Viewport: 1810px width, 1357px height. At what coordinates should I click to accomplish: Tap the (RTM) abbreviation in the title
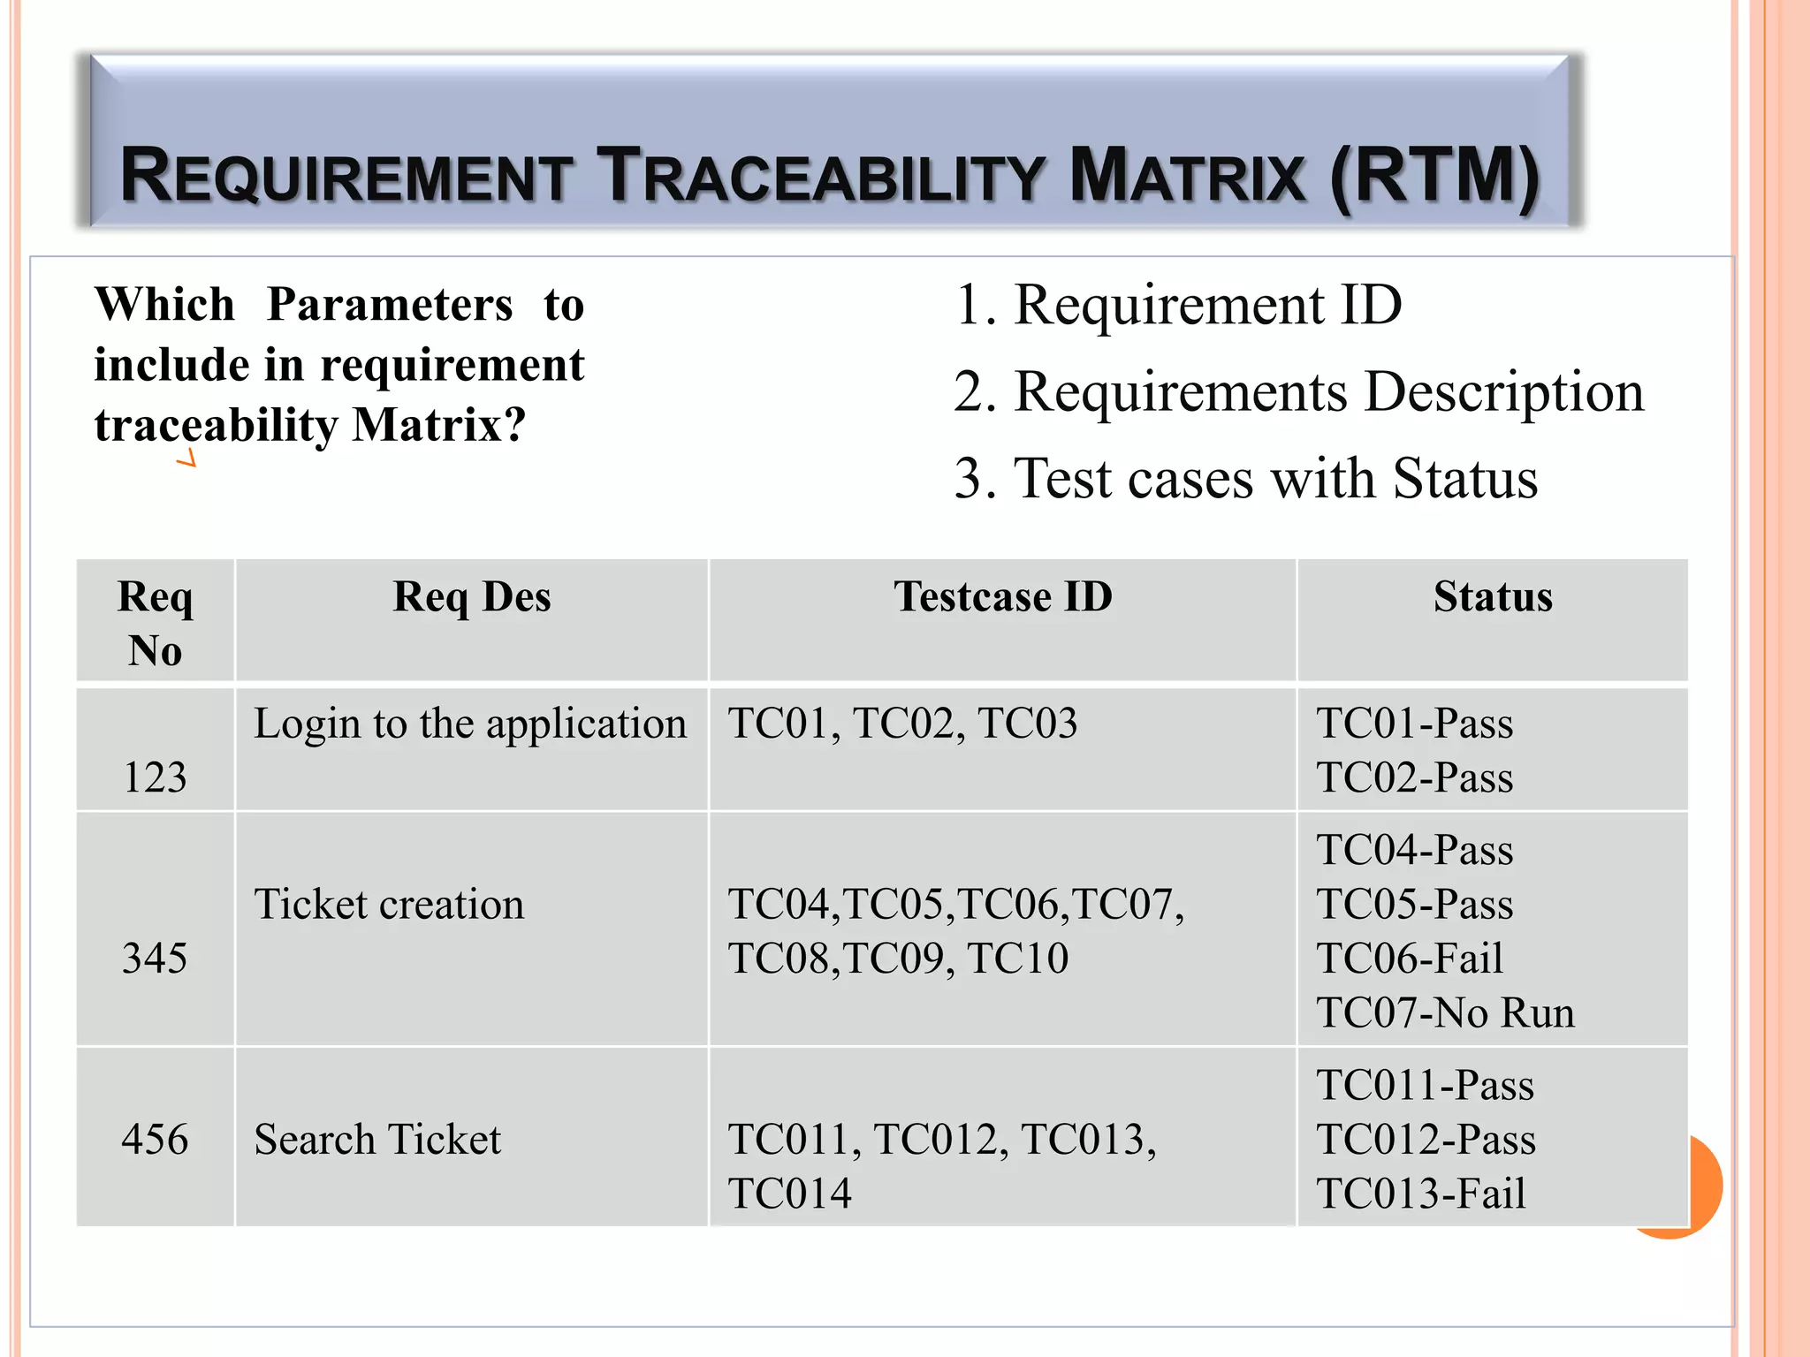click(x=1434, y=177)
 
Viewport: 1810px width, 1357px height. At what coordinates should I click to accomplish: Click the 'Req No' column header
click(x=155, y=623)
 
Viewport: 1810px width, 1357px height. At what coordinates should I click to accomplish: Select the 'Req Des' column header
click(x=472, y=597)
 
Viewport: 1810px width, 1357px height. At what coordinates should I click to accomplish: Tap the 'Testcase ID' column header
click(x=1002, y=597)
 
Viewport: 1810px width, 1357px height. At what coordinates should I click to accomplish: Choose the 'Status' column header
click(x=1492, y=597)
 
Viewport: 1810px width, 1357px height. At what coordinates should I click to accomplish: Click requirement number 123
click(x=155, y=777)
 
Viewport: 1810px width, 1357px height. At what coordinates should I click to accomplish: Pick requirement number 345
click(x=155, y=958)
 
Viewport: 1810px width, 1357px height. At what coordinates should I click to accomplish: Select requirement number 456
click(x=155, y=1139)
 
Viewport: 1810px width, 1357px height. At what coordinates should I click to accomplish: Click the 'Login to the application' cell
click(x=470, y=724)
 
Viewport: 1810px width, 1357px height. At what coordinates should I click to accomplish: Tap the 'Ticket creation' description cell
click(x=389, y=904)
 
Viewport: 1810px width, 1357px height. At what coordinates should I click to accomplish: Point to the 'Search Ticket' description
click(x=377, y=1139)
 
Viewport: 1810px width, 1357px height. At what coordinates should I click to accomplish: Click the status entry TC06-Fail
click(x=1410, y=958)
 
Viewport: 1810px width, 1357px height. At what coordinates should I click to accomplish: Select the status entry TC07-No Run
click(x=1445, y=1012)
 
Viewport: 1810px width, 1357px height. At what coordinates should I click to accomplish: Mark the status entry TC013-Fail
click(x=1421, y=1194)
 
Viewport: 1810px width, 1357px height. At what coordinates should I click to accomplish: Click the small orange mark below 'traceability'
click(x=186, y=459)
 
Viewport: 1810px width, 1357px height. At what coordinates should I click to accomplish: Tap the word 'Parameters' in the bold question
click(x=390, y=305)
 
